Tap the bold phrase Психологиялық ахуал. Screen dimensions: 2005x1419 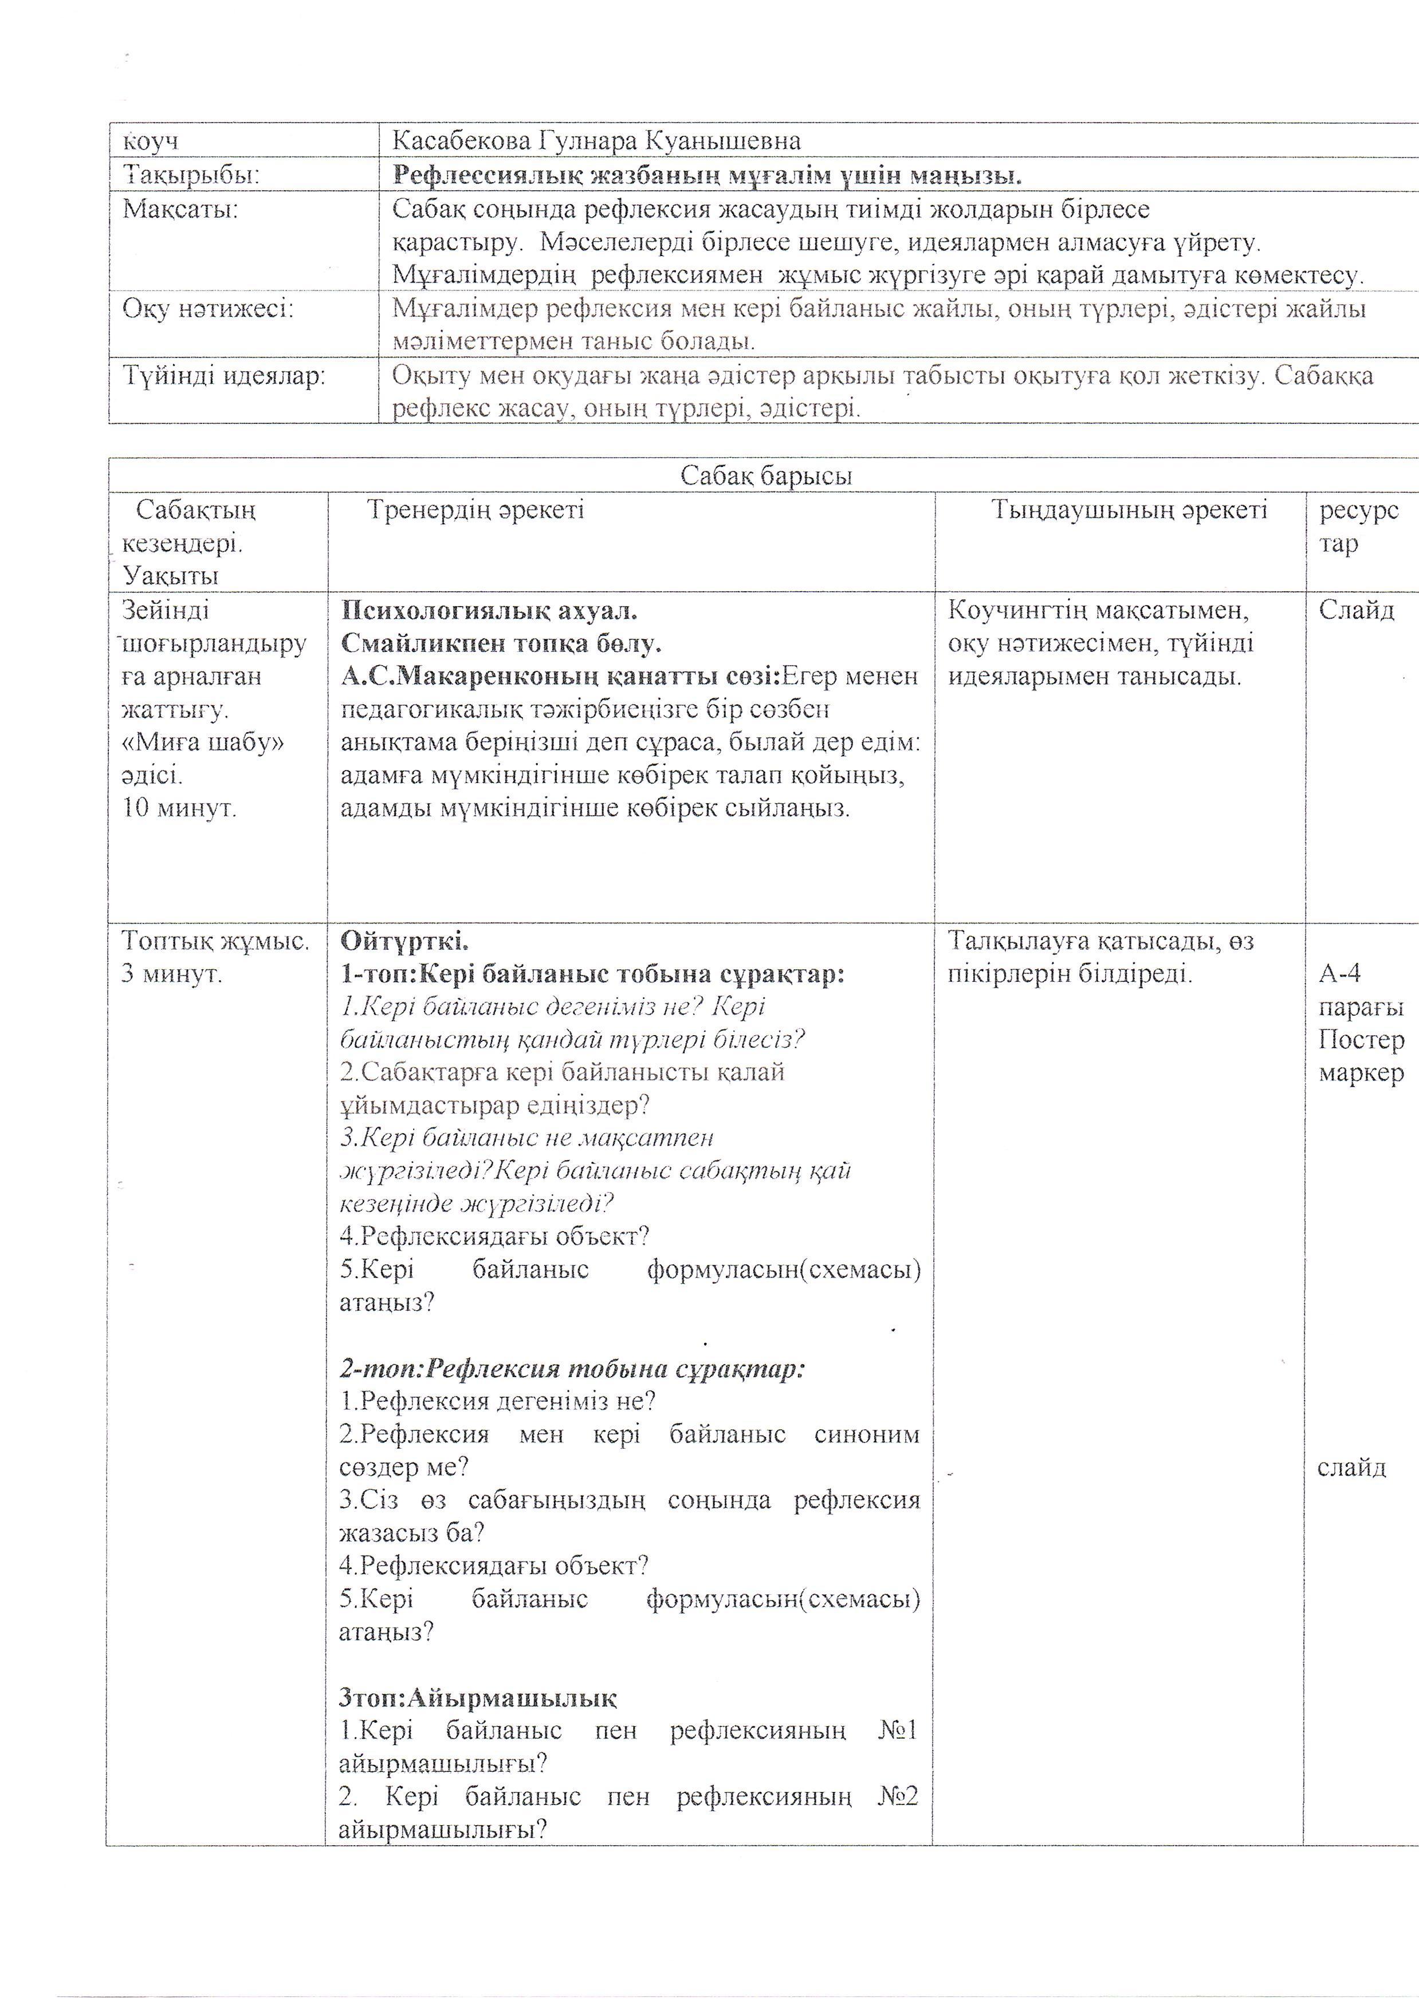(489, 610)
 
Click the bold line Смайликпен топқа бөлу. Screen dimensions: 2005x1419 (501, 643)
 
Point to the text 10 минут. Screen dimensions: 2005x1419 (179, 807)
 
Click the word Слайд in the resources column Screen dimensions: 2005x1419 (1356, 610)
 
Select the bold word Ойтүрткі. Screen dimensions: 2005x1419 (404, 941)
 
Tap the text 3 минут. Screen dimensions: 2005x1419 (171, 973)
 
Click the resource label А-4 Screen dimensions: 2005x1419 (1339, 973)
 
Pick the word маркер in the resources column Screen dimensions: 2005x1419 (1361, 1073)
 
